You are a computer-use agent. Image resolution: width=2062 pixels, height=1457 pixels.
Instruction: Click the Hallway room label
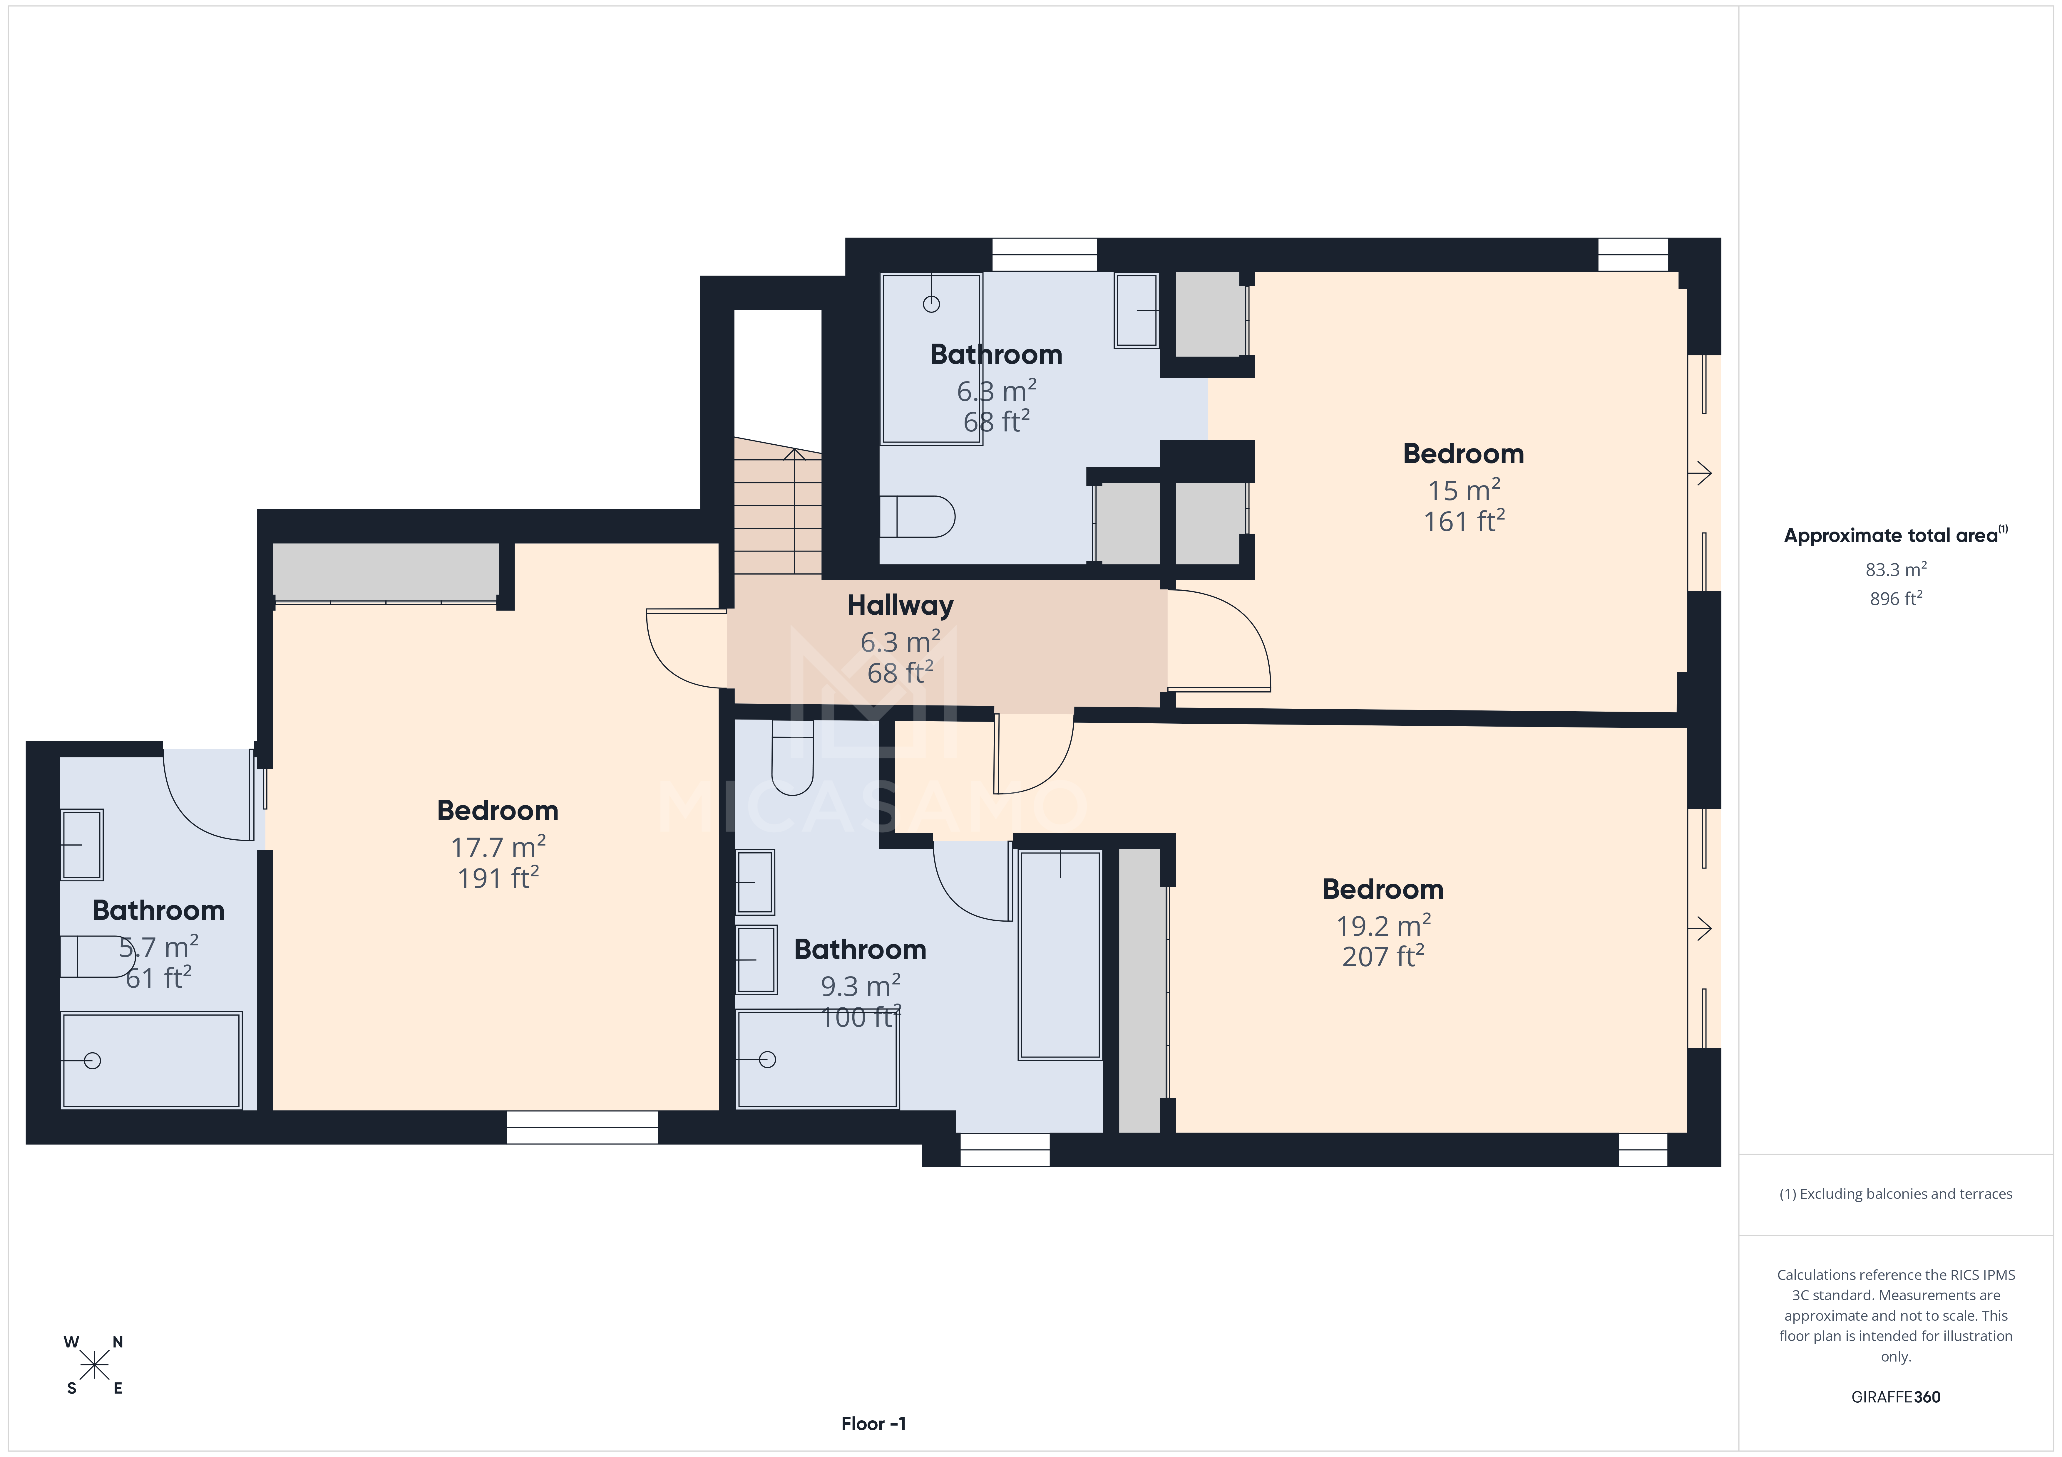click(x=900, y=606)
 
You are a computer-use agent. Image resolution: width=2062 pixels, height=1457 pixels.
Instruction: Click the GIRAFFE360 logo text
click(x=1895, y=1397)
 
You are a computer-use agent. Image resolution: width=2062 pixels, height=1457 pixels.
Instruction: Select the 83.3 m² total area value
click(x=1895, y=569)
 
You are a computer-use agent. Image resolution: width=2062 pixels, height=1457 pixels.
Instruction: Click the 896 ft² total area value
click(x=1895, y=599)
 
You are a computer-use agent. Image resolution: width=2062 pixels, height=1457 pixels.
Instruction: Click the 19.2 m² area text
click(x=1383, y=925)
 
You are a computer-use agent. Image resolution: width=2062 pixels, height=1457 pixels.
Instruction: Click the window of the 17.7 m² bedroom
click(x=582, y=1127)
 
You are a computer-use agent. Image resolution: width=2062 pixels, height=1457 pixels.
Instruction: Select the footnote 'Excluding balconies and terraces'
click(x=1895, y=1194)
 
